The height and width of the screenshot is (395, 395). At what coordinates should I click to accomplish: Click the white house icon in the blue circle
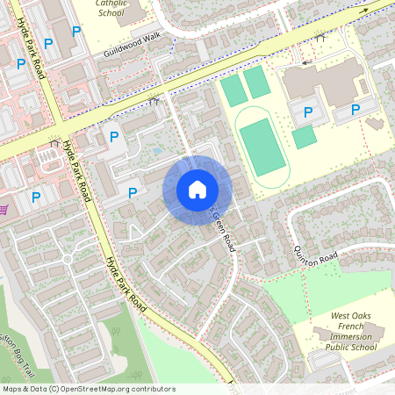point(197,188)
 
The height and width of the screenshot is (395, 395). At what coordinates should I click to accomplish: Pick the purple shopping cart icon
point(4,209)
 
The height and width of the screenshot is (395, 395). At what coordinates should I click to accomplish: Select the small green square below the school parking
point(304,137)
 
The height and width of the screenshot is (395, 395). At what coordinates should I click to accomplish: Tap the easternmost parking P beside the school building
point(355,110)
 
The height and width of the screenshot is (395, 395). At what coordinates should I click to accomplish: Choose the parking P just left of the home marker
point(133,192)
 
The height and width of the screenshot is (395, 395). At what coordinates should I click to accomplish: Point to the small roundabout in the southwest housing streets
point(67,260)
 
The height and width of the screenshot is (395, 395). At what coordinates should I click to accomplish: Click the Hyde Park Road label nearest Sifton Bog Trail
point(125,280)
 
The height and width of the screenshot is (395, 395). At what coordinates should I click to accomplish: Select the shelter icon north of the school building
point(320,38)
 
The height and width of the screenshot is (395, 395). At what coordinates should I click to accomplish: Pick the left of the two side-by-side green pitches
point(233,89)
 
